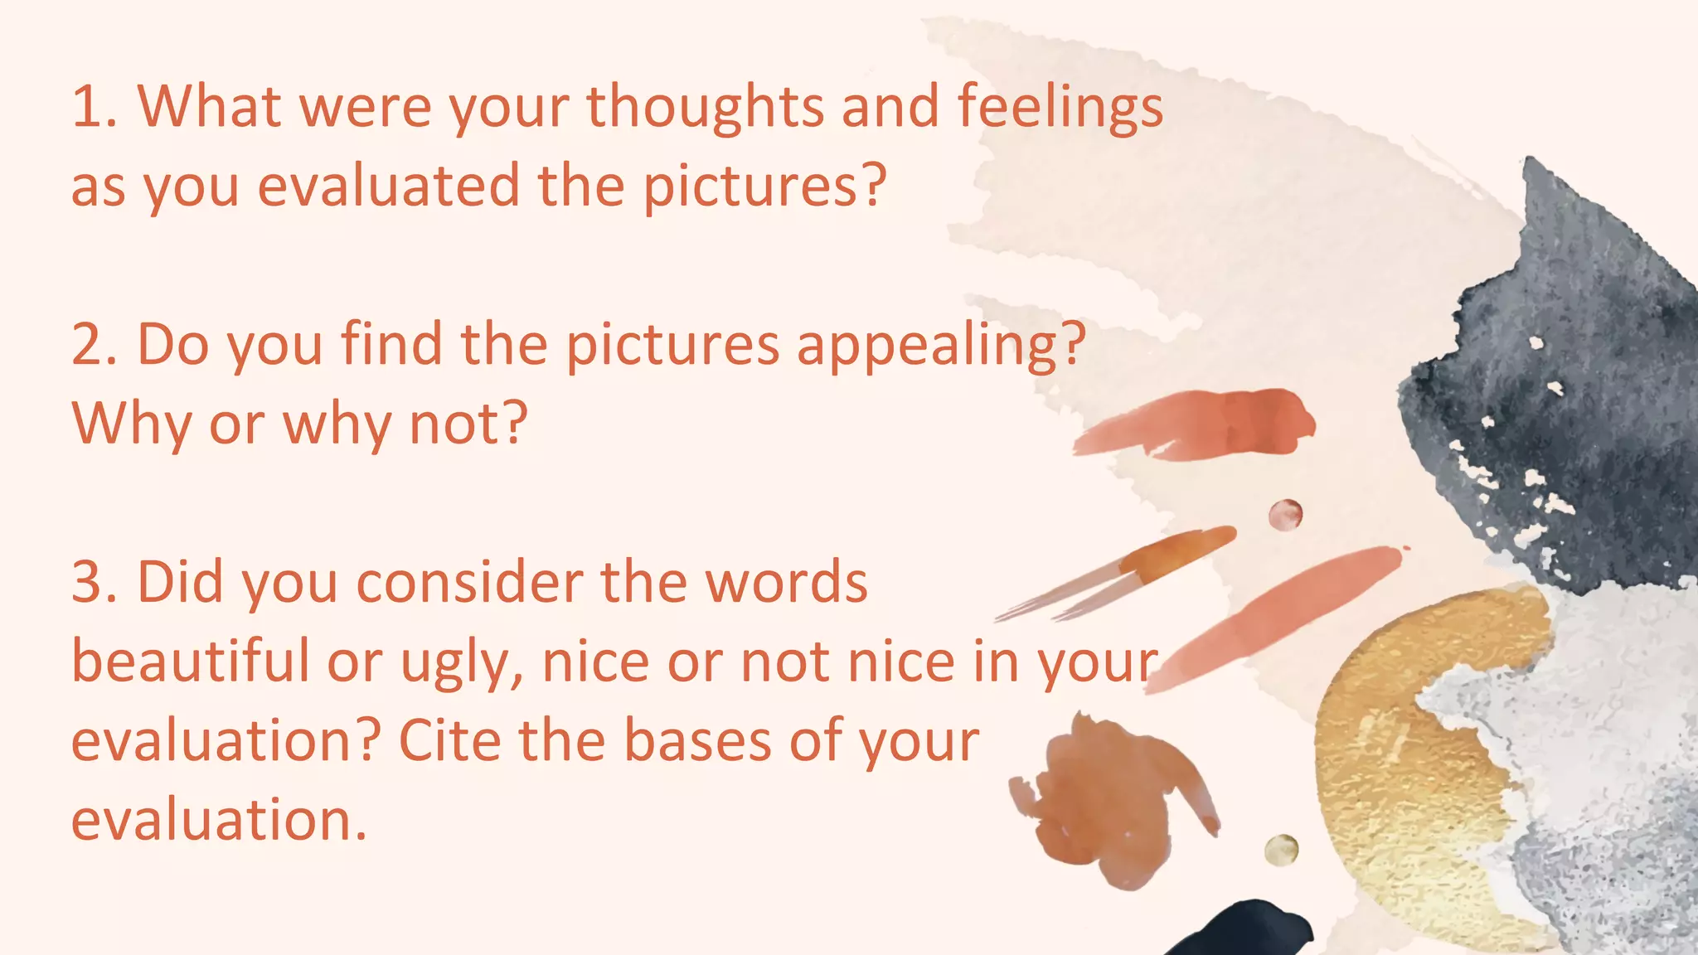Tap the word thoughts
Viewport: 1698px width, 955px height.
(x=705, y=109)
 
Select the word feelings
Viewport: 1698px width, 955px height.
(x=1060, y=109)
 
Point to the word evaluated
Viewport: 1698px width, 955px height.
(x=389, y=185)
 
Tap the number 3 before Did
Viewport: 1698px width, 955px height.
(x=89, y=582)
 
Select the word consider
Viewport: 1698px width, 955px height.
(x=469, y=582)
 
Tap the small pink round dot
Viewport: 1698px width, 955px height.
(x=1285, y=515)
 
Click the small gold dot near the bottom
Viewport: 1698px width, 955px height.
(x=1281, y=851)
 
